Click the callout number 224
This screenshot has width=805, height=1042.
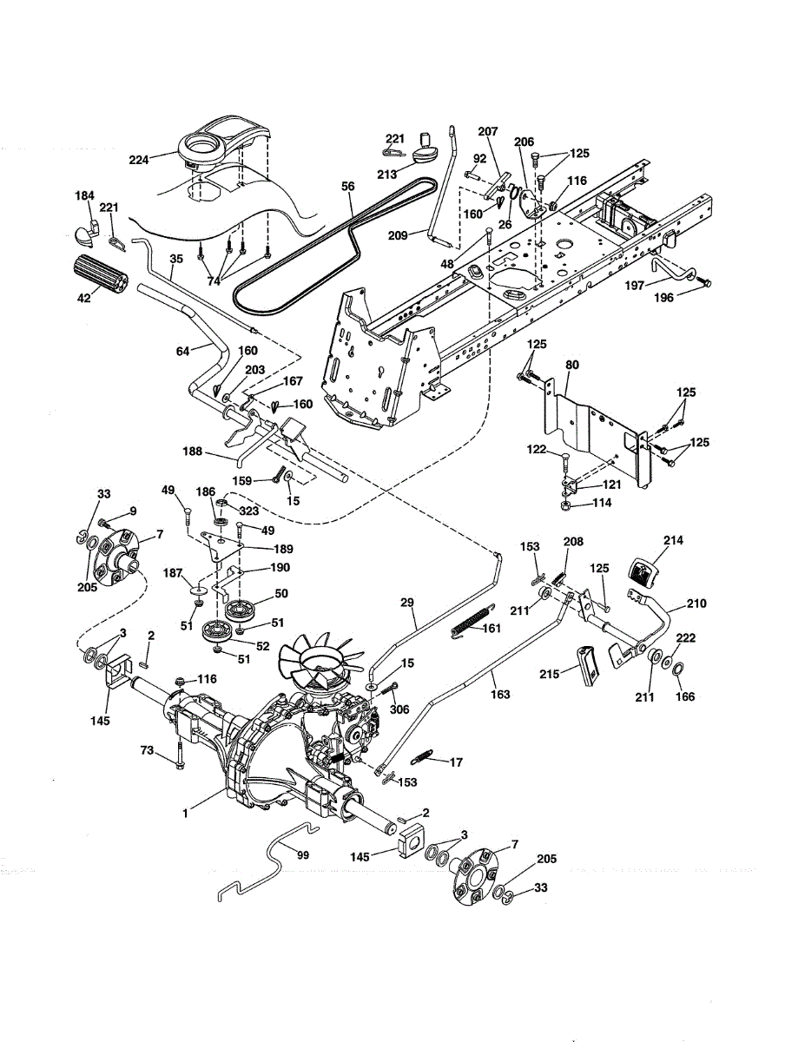[x=139, y=159]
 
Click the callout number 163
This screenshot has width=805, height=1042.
[x=501, y=695]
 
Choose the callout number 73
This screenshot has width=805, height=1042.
[x=148, y=749]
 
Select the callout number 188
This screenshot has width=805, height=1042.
[x=193, y=452]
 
